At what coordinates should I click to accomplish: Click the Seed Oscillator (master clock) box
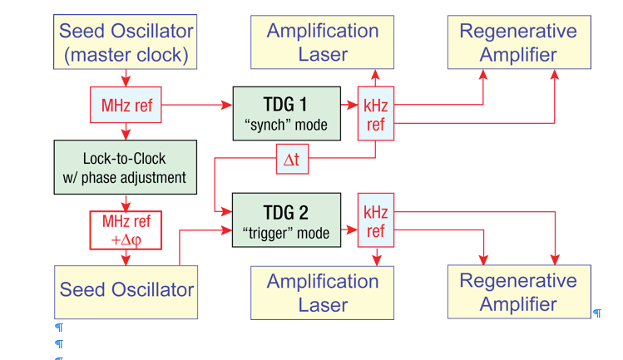(x=126, y=42)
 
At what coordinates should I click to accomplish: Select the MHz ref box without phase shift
(x=126, y=105)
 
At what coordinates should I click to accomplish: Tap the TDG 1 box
(x=286, y=113)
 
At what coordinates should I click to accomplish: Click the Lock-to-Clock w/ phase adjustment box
(x=126, y=167)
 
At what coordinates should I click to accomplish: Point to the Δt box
(x=292, y=159)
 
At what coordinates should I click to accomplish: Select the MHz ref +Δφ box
(x=126, y=230)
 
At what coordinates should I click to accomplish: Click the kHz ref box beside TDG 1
(x=375, y=114)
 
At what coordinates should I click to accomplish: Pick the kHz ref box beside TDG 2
(x=375, y=219)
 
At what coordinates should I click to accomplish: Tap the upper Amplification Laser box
(x=323, y=42)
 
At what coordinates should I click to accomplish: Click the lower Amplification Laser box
(x=323, y=293)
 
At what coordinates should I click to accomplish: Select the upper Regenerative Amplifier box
(x=518, y=42)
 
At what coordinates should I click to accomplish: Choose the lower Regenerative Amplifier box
(x=518, y=292)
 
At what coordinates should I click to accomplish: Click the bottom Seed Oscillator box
(x=126, y=291)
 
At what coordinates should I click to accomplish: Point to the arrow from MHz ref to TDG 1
(x=196, y=106)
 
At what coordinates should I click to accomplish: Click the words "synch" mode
(x=286, y=126)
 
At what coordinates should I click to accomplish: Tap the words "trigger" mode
(x=286, y=233)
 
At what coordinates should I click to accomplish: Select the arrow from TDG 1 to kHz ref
(x=349, y=106)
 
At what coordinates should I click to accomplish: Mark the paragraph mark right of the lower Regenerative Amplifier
(x=597, y=313)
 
